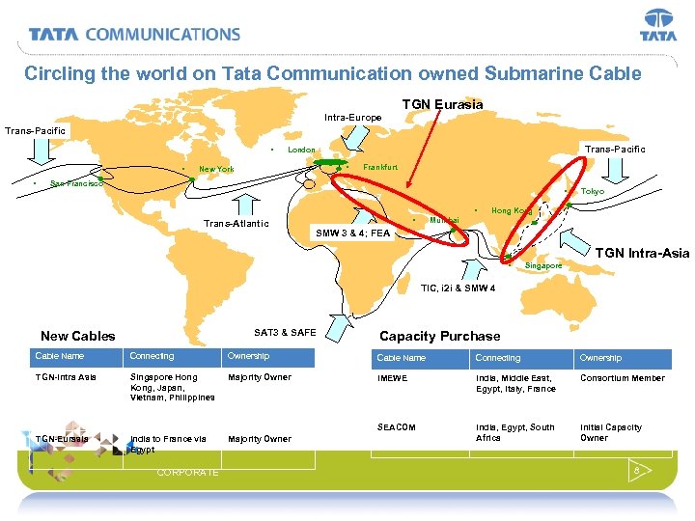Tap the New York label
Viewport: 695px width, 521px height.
[216, 169]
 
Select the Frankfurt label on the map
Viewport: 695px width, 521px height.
[380, 167]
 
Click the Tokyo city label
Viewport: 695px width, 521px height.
[592, 191]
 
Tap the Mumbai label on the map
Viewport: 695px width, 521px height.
[444, 220]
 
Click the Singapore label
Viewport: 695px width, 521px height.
[543, 265]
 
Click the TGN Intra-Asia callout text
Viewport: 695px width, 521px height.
[642, 253]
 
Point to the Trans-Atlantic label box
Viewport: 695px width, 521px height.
[236, 224]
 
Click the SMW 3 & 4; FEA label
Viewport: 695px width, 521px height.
[353, 233]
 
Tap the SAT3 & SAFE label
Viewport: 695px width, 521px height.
[285, 332]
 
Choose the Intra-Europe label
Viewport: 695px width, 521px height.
[352, 118]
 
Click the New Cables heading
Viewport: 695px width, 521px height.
[77, 336]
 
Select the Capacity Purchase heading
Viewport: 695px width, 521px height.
[440, 336]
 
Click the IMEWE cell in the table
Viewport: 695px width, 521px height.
[392, 378]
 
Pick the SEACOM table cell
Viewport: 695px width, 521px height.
[396, 426]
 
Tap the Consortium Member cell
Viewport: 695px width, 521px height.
[622, 378]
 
